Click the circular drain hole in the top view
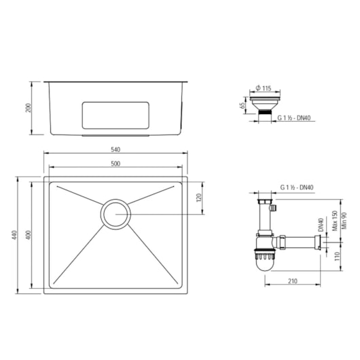point(115,214)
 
